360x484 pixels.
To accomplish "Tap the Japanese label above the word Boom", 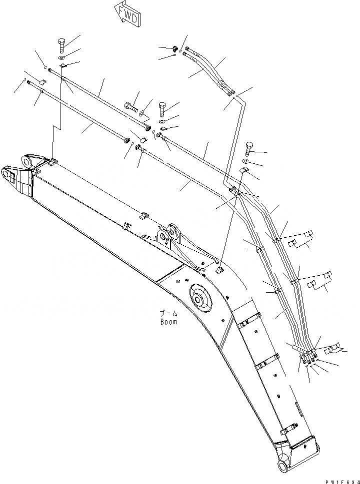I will (168, 314).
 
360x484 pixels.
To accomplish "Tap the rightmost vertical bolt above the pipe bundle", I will (249, 148).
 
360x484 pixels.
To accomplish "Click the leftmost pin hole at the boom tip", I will (7, 174).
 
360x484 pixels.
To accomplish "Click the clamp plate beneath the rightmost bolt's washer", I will (244, 171).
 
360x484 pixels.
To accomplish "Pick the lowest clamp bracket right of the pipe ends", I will (334, 347).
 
